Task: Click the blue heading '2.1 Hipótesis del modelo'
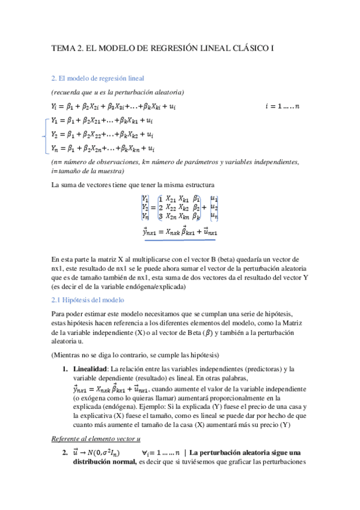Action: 88,300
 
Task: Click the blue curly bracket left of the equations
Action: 43,134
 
